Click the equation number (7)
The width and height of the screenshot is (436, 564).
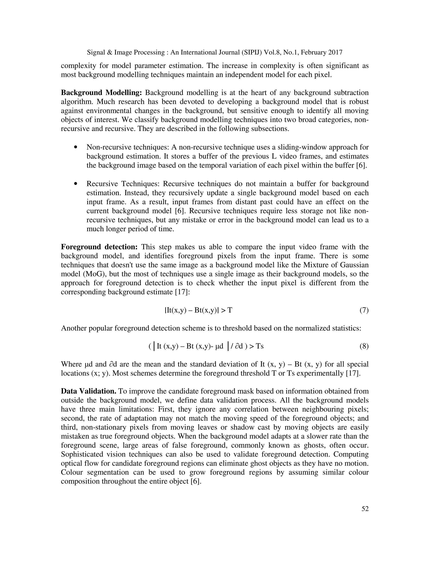click(364, 310)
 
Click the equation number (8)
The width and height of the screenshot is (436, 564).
click(364, 346)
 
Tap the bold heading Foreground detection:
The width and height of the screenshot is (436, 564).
click(99, 247)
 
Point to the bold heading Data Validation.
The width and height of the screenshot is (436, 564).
click(88, 391)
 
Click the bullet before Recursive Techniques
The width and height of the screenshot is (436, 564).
click(75, 184)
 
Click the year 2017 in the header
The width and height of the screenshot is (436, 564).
click(335, 52)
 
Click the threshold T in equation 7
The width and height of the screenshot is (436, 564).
click(230, 310)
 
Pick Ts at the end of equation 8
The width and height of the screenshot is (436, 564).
click(260, 346)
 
